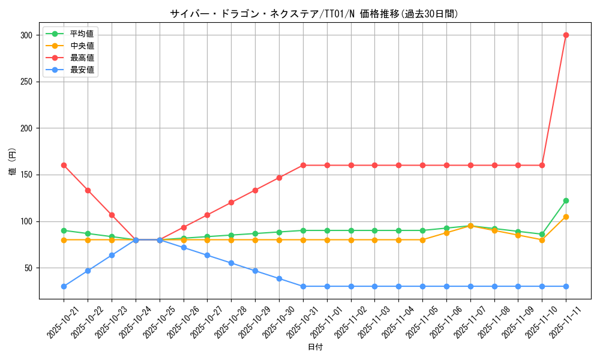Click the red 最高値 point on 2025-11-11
[x=566, y=35]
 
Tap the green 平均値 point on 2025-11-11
[x=566, y=200]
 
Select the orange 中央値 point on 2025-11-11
[x=566, y=217]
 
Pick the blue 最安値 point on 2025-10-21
[x=64, y=286]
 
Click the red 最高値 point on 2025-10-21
[x=64, y=165]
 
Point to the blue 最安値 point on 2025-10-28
[x=231, y=263]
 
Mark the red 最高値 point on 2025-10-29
[x=255, y=190]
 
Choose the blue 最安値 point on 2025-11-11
[x=566, y=286]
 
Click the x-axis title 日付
[x=315, y=347]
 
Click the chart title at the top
[x=314, y=14]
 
